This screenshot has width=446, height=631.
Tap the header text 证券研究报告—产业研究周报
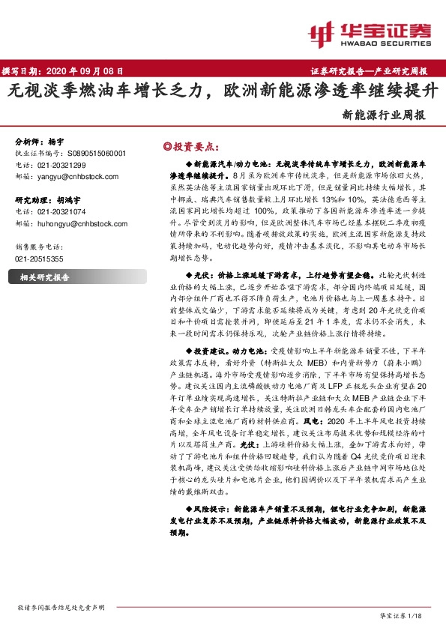coord(368,72)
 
